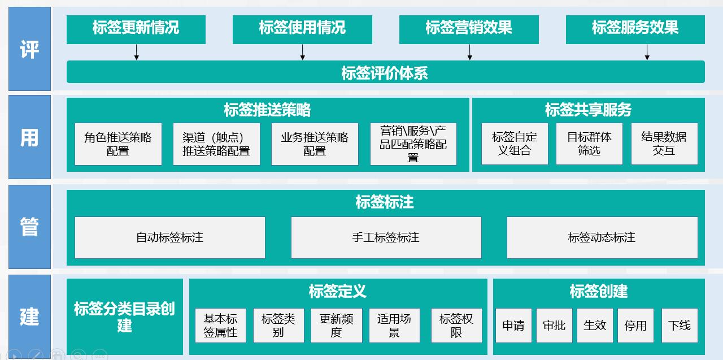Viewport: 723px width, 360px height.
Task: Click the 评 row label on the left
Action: coord(29,49)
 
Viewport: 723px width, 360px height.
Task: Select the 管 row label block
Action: coord(29,227)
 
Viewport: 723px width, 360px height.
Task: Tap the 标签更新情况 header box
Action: coord(136,29)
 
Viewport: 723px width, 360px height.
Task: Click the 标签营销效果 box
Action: coord(469,29)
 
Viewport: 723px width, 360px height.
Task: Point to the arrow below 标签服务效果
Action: coord(647,52)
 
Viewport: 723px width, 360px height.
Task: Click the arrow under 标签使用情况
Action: coord(303,52)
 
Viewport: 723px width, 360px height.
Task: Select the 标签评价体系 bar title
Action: coord(385,73)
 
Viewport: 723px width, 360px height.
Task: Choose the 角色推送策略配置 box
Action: coord(118,144)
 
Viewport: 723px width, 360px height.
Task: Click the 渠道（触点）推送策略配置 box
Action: coord(216,144)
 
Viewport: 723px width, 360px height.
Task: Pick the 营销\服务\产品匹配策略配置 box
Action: coord(413,144)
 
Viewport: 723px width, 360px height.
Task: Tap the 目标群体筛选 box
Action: coord(589,144)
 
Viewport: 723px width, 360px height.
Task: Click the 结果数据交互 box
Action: coord(664,144)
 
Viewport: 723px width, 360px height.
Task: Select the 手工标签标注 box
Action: coord(386,237)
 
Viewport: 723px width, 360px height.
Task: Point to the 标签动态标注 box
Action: coord(602,237)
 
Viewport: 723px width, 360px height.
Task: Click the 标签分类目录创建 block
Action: coord(125,316)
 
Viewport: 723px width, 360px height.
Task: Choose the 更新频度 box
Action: coord(336,326)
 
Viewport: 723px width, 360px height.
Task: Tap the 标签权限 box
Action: coord(456,326)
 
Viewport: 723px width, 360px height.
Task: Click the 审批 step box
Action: coord(554,326)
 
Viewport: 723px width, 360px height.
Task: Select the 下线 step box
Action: coord(680,326)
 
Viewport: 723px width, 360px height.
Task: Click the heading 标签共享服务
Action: coord(588,110)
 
